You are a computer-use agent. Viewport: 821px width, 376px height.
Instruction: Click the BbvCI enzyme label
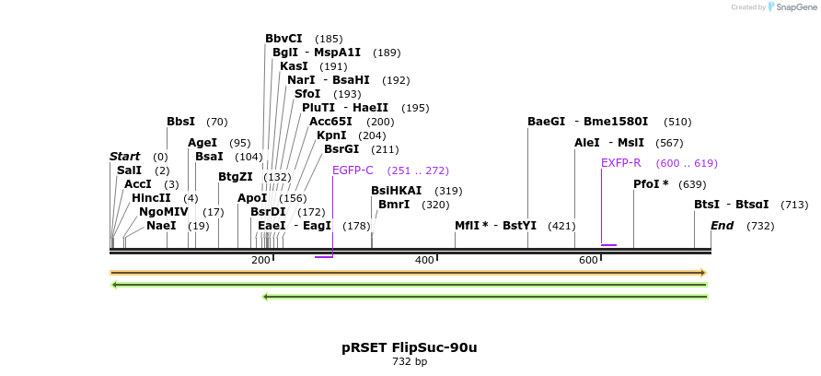[283, 39]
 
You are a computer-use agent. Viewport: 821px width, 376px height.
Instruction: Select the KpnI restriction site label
[331, 135]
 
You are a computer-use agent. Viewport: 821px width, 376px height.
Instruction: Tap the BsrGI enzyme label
[341, 149]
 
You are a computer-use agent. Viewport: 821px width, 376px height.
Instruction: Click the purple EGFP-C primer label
[353, 170]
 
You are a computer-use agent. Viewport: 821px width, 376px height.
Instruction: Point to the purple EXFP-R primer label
[620, 163]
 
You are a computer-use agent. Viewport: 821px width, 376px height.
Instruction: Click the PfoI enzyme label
[651, 184]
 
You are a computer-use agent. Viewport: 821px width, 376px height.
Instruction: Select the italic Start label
[124, 157]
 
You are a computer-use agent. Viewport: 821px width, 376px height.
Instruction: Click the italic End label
[722, 226]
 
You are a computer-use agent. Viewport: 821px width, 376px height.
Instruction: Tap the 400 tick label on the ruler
[424, 261]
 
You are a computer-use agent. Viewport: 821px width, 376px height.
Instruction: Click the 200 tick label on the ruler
[260, 261]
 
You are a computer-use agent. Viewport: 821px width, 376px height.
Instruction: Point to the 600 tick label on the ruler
[588, 261]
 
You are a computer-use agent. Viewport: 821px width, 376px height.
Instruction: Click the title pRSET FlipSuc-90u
[410, 347]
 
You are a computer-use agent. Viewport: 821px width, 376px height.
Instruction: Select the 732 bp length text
[410, 362]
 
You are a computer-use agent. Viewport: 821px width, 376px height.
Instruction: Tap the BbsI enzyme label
[181, 122]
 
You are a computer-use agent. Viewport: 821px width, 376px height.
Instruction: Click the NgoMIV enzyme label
[163, 212]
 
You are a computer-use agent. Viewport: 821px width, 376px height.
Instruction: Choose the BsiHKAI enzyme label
[397, 191]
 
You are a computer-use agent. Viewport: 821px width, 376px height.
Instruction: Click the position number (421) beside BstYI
[561, 226]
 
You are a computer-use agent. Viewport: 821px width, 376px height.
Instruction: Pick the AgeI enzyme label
[202, 143]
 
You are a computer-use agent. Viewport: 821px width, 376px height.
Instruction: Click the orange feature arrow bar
[408, 273]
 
